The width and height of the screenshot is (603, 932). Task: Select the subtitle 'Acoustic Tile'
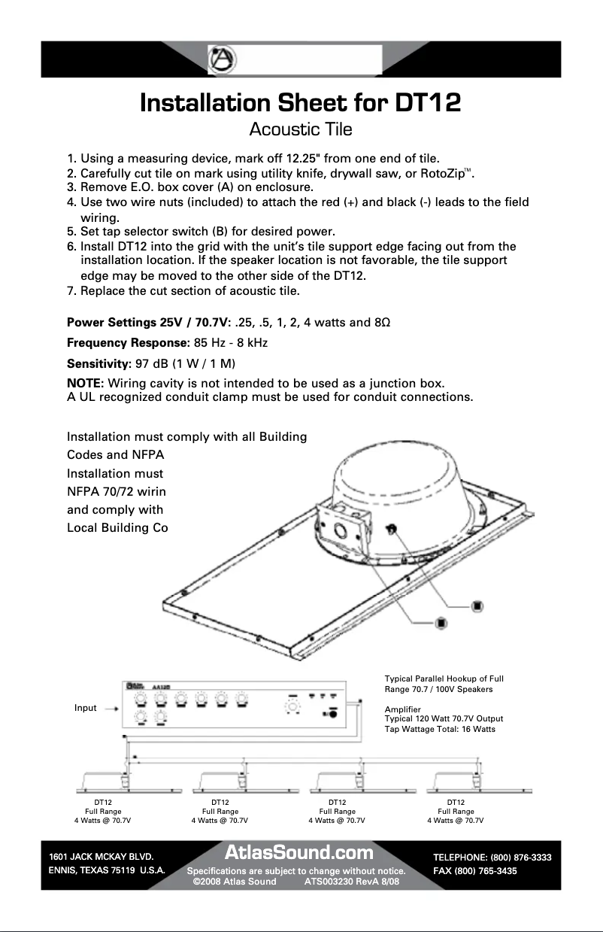point(300,129)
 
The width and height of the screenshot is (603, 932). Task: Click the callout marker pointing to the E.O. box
point(441,622)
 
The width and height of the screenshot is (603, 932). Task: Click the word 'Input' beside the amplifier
point(85,708)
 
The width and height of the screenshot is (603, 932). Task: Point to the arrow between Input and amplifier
point(110,709)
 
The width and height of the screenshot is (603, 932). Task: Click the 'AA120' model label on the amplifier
point(160,686)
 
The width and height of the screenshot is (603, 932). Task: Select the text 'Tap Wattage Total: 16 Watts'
point(440,730)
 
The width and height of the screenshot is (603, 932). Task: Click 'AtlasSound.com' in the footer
point(299,852)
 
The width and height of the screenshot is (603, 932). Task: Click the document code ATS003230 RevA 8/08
point(351,881)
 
